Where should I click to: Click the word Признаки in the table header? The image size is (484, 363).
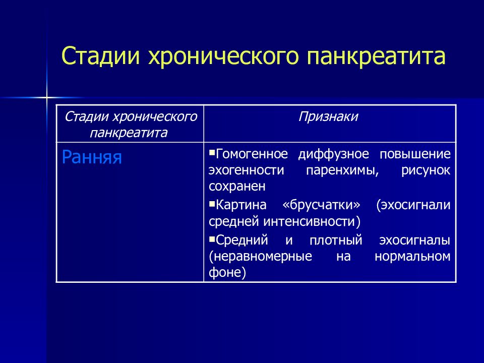pos(328,117)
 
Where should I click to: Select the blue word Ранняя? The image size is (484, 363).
pos(92,157)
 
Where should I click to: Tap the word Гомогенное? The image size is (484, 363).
pos(252,154)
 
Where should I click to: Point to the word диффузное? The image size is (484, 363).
pos(333,154)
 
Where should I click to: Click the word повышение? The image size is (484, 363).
pos(415,154)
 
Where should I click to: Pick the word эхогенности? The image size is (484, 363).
pos(247,170)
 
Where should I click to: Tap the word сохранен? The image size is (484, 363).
pos(237,187)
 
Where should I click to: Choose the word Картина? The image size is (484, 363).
pos(241,205)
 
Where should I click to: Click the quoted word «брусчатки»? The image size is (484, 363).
pos(321,205)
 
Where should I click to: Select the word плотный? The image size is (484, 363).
pos(336,240)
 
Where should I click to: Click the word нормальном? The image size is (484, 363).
pos(412,257)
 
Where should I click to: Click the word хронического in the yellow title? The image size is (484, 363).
pos(223,56)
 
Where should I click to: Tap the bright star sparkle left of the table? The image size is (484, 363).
pos(46,98)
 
